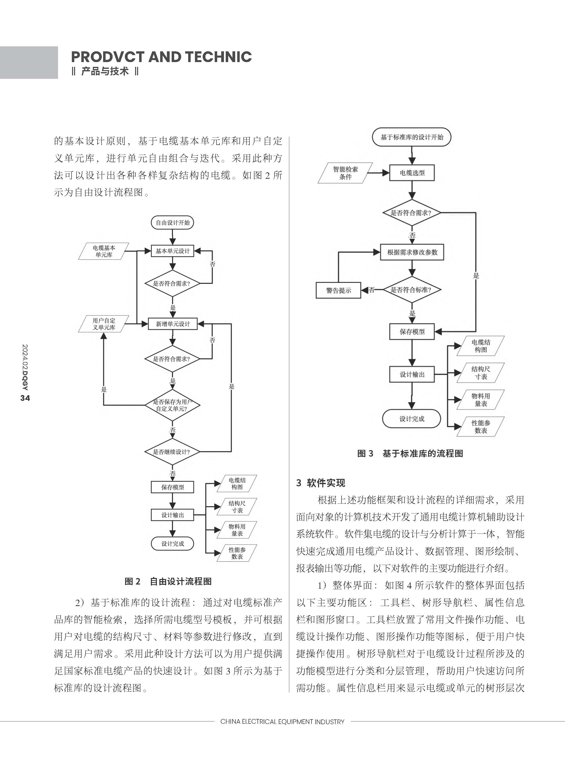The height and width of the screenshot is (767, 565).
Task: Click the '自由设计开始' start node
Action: point(172,223)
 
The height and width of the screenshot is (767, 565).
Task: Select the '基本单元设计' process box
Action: point(172,251)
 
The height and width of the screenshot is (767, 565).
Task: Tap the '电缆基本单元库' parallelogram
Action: point(104,251)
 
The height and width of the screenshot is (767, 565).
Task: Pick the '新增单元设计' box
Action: point(172,324)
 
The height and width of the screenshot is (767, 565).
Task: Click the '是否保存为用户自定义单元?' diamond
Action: point(172,405)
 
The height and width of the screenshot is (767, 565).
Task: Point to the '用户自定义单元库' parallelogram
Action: point(104,324)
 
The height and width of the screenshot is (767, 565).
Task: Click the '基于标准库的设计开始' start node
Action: point(412,137)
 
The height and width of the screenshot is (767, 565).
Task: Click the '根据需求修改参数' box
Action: point(412,252)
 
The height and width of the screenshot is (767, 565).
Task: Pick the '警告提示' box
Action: point(338,290)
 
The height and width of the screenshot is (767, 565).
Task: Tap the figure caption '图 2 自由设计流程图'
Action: point(168,581)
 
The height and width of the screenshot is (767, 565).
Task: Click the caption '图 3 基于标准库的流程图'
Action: point(410,454)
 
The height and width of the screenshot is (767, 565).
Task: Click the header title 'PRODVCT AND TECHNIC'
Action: point(161,57)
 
